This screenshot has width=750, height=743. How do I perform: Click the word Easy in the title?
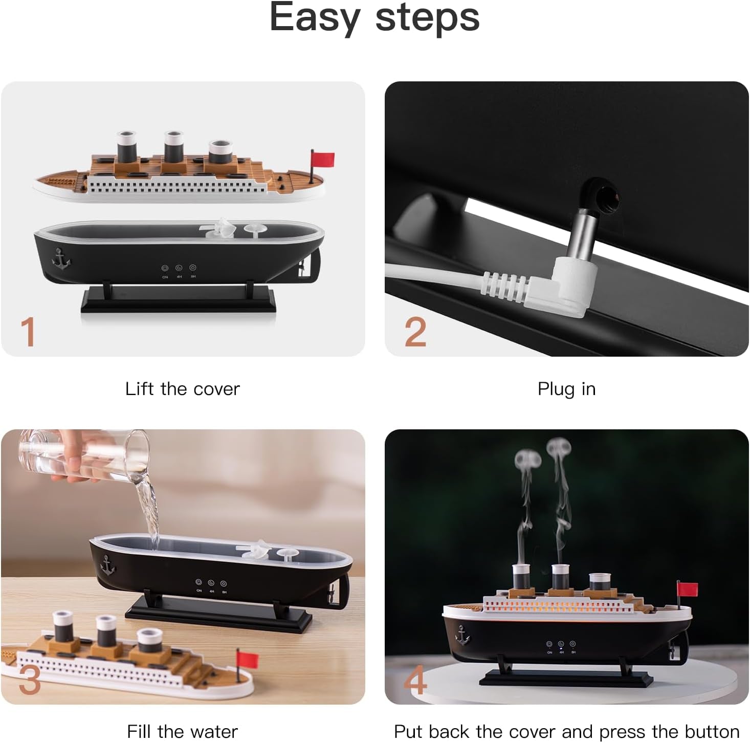pyautogui.click(x=315, y=18)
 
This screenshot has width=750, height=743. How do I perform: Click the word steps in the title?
pyautogui.click(x=427, y=18)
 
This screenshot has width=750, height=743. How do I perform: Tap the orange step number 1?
pyautogui.click(x=28, y=332)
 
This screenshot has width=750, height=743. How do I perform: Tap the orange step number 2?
pyautogui.click(x=415, y=332)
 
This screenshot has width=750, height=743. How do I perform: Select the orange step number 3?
pyautogui.click(x=29, y=680)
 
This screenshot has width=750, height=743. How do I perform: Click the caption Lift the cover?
pyautogui.click(x=182, y=389)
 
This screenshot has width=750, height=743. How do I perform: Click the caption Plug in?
pyautogui.click(x=566, y=389)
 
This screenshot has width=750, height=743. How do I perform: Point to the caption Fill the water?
pyautogui.click(x=182, y=731)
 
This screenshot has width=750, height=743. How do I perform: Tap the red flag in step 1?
pyautogui.click(x=323, y=159)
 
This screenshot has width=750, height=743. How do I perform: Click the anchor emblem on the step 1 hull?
pyautogui.click(x=61, y=258)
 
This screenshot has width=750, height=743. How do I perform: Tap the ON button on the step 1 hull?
pyautogui.click(x=165, y=268)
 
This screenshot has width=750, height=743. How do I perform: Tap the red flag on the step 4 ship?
pyautogui.click(x=688, y=589)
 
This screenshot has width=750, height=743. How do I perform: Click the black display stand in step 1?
pyautogui.click(x=179, y=299)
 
